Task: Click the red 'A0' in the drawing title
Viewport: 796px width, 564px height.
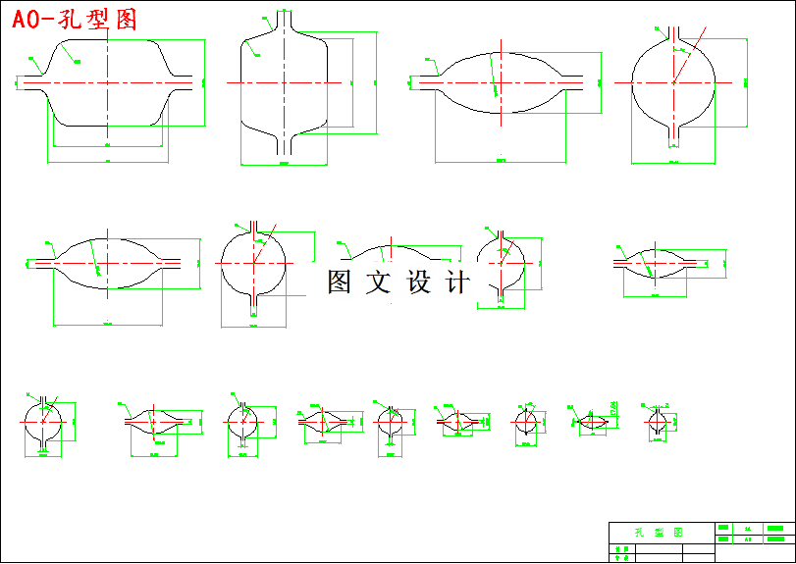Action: click(x=29, y=20)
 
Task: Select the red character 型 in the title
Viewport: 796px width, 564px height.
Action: click(x=99, y=20)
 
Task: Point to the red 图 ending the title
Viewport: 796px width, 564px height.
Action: click(x=126, y=20)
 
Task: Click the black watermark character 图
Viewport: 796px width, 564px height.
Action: click(x=339, y=282)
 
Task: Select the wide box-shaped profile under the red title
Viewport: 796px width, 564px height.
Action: click(x=108, y=82)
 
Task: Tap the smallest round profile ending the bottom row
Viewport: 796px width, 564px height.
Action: click(x=657, y=422)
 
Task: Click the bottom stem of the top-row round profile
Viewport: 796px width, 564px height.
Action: click(x=674, y=133)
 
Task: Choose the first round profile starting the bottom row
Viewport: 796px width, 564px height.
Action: click(x=42, y=423)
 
